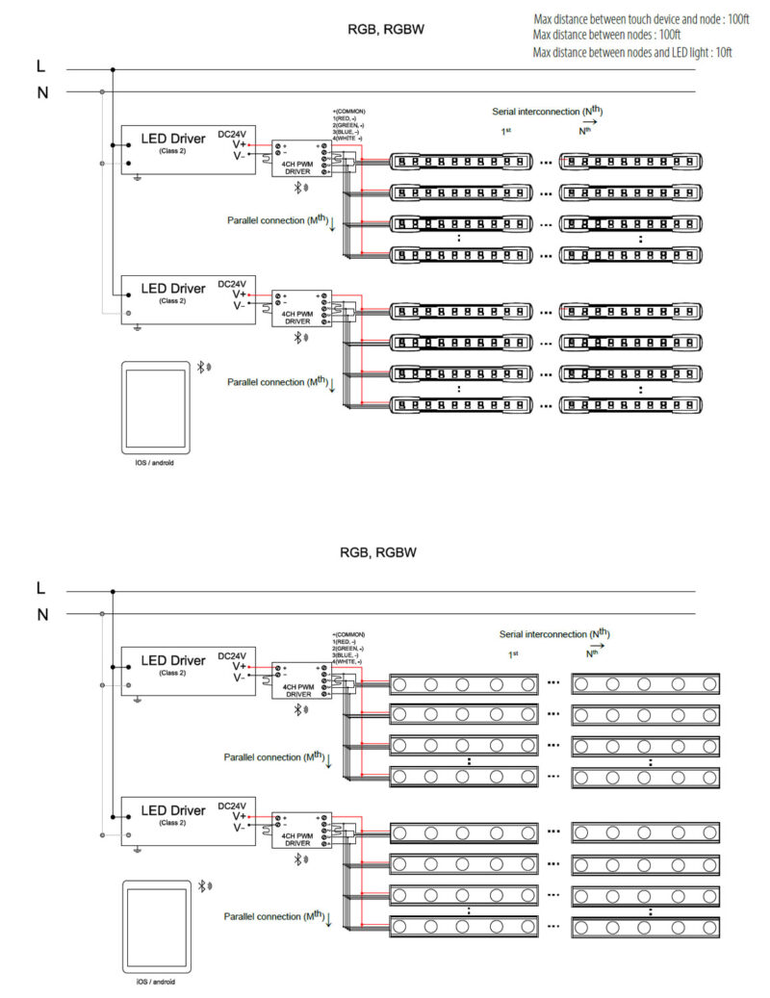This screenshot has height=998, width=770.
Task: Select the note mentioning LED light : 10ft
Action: coord(632,52)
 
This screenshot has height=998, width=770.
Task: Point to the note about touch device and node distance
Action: coord(640,19)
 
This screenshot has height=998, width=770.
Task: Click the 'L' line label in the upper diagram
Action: coord(40,68)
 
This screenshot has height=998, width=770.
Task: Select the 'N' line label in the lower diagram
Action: coord(40,614)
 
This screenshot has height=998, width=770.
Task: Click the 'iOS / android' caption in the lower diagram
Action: coord(155,982)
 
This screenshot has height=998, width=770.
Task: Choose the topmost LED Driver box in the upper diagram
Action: coord(173,149)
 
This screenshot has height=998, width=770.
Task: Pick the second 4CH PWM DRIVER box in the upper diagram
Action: coord(302,309)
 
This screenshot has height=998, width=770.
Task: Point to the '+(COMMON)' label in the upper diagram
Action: coord(349,112)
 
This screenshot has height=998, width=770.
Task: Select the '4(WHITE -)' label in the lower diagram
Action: coord(347,662)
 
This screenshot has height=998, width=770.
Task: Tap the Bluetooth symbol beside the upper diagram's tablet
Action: coord(204,367)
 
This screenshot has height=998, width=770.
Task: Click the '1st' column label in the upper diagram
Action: coord(504,130)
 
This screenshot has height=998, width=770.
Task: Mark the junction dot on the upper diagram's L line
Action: coord(113,69)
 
